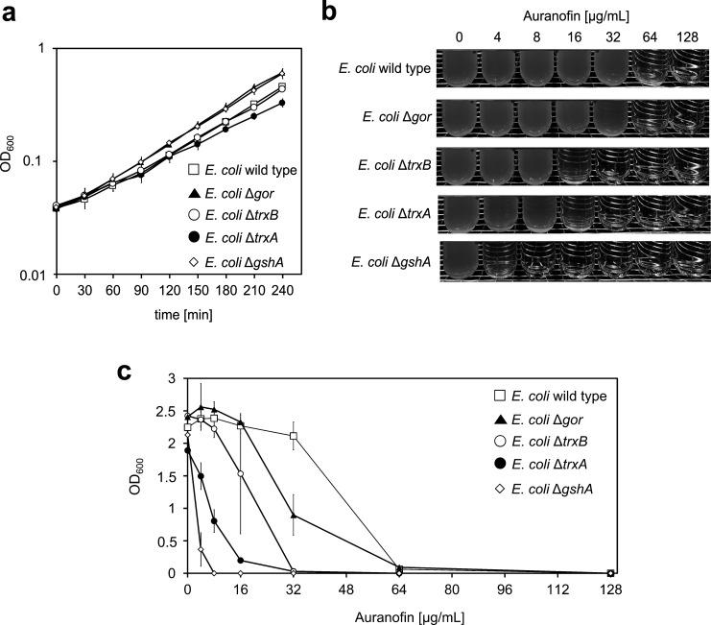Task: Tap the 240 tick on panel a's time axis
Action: [282, 289]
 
